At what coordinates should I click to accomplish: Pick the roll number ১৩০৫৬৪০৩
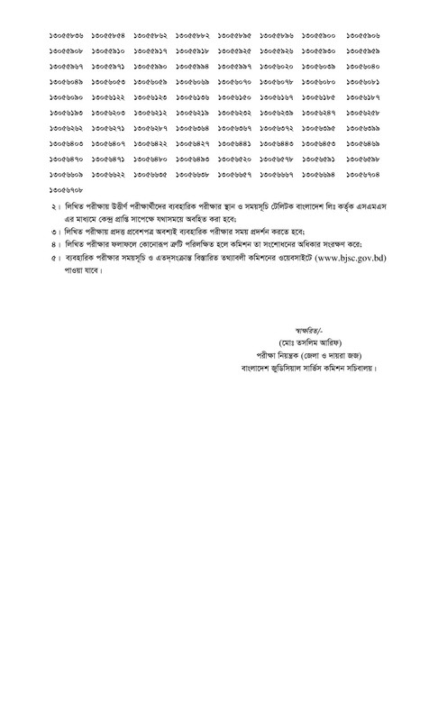69,142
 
